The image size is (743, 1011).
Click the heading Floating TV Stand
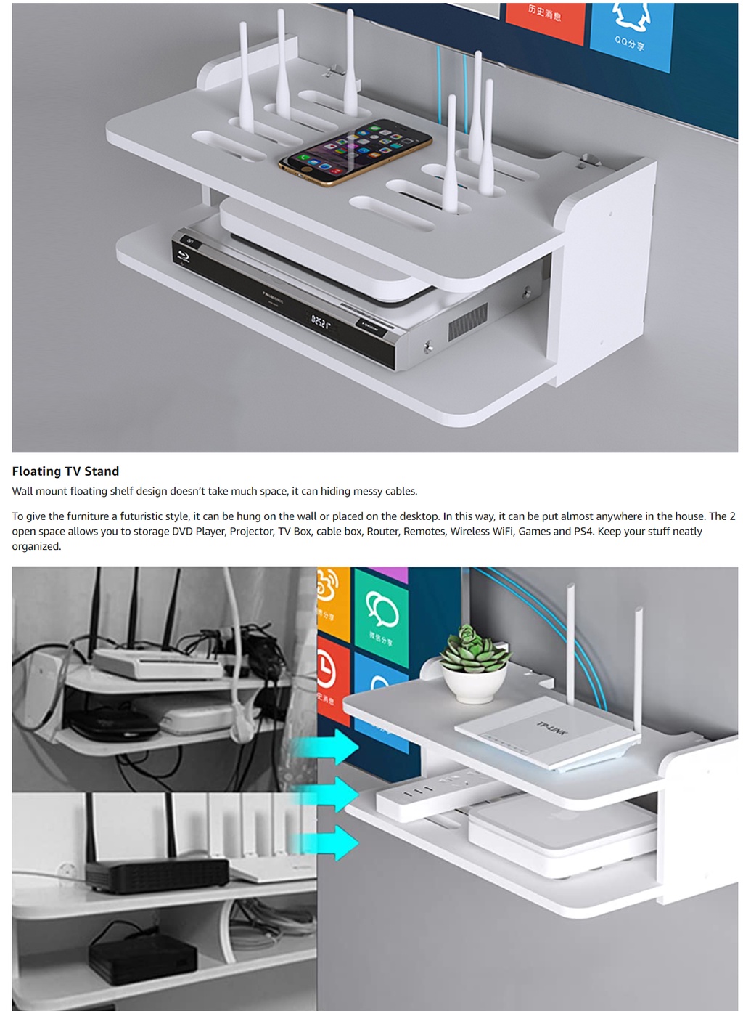(65, 471)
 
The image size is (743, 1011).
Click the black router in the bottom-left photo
(156, 875)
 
